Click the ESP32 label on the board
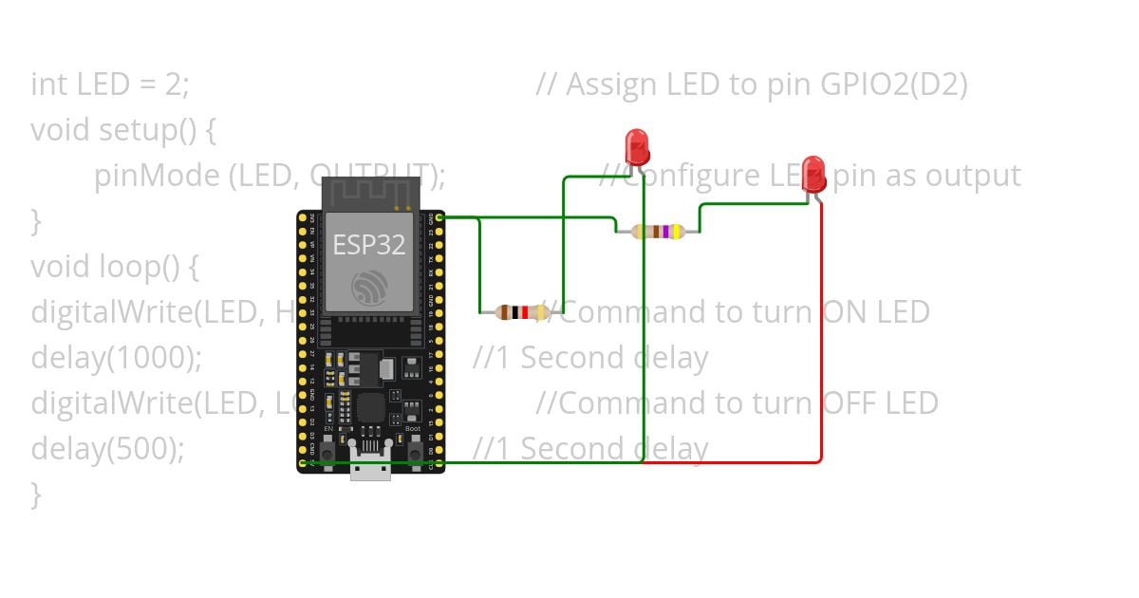(x=368, y=245)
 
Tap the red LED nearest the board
(x=637, y=147)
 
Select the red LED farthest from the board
(x=812, y=174)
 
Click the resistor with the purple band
(x=658, y=231)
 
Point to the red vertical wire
(x=821, y=332)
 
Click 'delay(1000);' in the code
(x=117, y=358)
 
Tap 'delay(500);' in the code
(x=107, y=449)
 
